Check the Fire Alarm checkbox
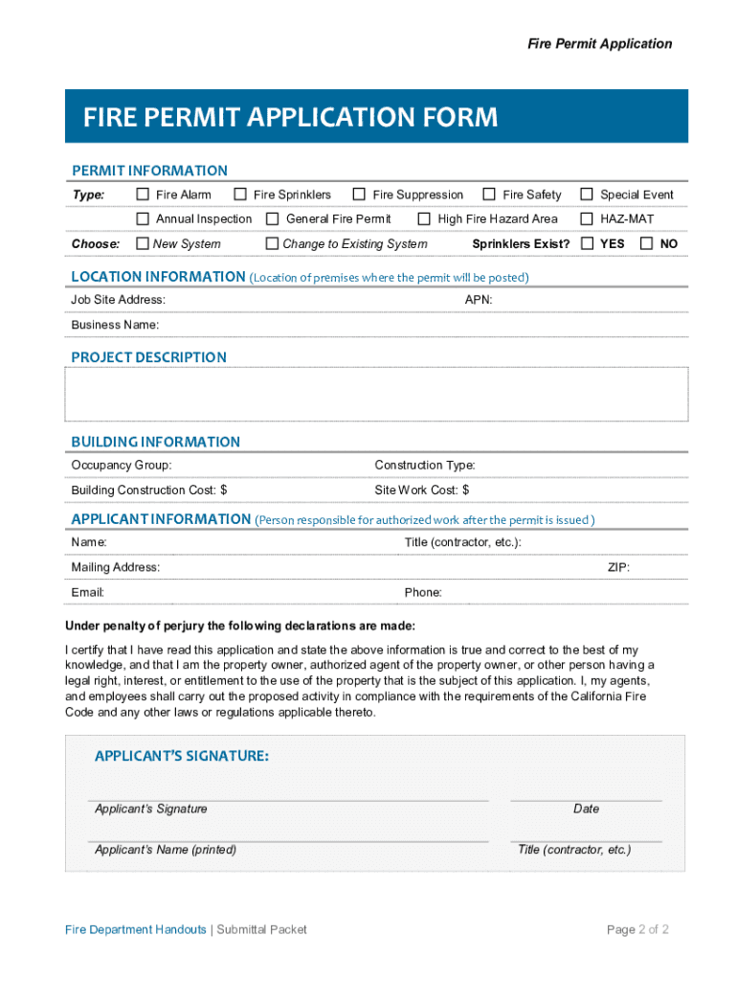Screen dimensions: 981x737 click(143, 194)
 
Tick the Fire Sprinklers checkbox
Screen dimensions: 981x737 click(240, 194)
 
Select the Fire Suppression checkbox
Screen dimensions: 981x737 click(359, 194)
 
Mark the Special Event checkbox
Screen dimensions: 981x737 click(587, 194)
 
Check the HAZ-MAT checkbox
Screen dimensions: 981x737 click(587, 219)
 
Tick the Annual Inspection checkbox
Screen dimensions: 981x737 click(143, 219)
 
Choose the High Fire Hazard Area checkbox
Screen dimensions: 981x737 click(424, 219)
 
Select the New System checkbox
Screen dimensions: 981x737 click(143, 243)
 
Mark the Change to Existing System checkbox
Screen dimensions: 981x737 click(272, 243)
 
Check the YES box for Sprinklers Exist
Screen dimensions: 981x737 click(587, 243)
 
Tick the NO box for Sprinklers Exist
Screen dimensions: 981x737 click(646, 243)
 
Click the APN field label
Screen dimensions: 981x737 click(479, 300)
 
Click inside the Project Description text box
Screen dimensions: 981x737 click(375, 395)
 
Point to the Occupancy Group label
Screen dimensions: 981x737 click(122, 466)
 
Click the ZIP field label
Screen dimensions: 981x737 click(618, 567)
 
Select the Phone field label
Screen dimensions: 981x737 click(423, 592)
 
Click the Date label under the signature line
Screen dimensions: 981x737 click(586, 809)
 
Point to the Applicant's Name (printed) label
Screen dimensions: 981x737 click(166, 850)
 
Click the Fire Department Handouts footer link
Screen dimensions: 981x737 click(135, 929)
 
